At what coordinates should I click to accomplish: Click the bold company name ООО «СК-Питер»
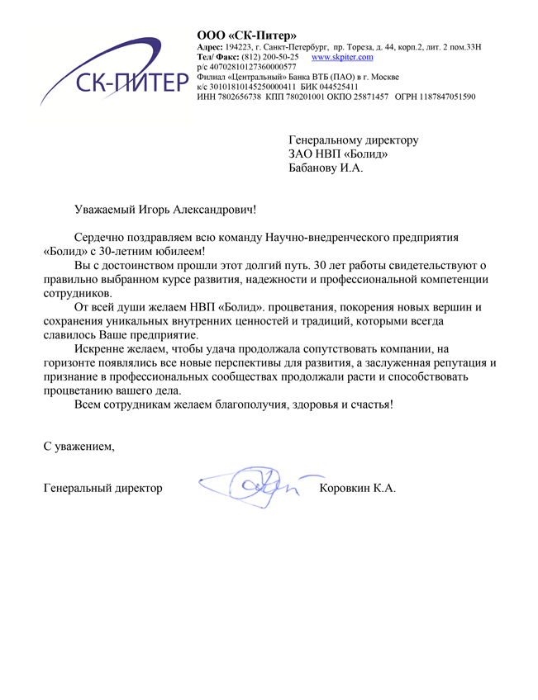246,35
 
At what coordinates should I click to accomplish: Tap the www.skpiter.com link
342,58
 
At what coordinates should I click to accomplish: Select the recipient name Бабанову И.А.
326,168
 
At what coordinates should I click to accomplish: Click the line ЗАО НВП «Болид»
338,154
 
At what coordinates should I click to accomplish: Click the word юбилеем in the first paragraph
181,251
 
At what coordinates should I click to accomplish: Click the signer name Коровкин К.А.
357,489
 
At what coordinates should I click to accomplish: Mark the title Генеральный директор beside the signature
102,489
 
